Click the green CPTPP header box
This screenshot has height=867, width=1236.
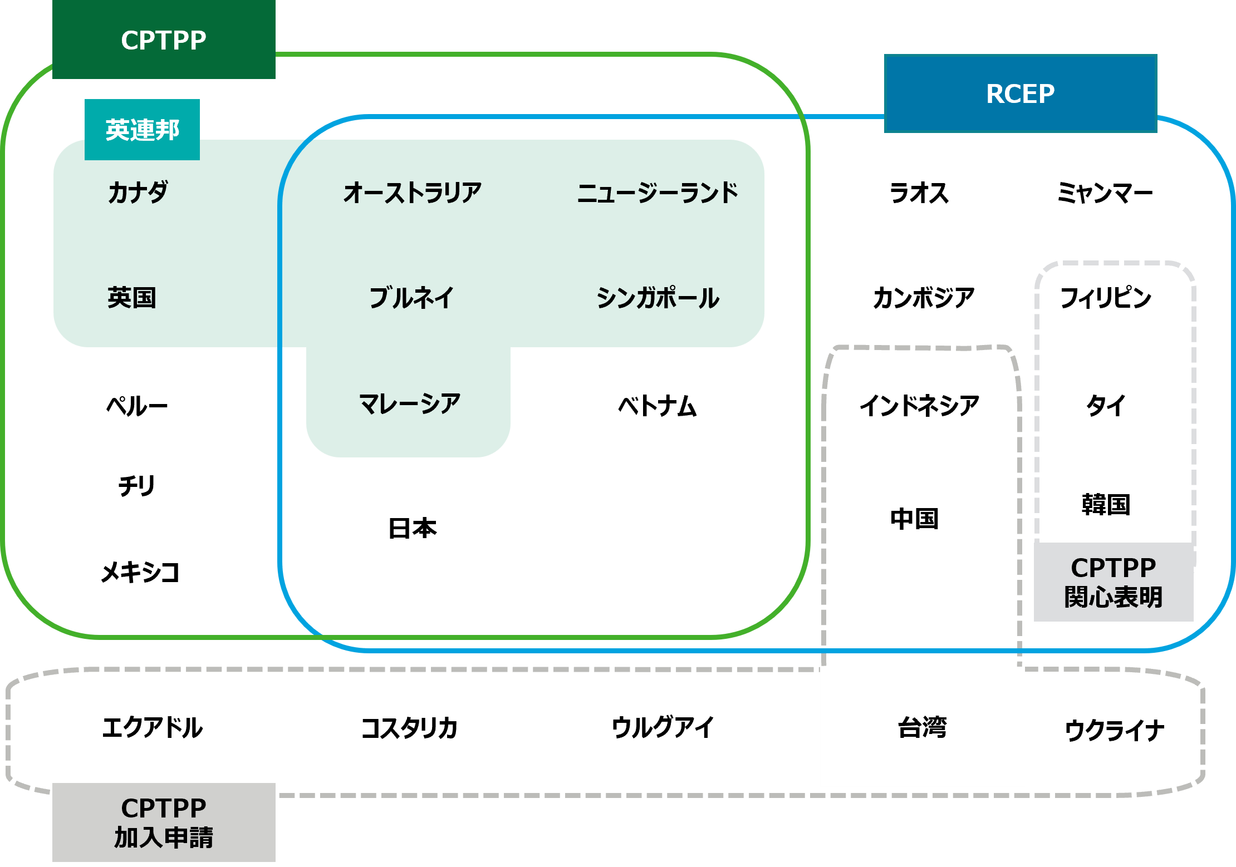pyautogui.click(x=164, y=40)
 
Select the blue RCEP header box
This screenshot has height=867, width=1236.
pyautogui.click(x=1020, y=93)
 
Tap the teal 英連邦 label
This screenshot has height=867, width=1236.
pyautogui.click(x=142, y=130)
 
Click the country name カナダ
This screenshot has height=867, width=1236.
pyautogui.click(x=138, y=193)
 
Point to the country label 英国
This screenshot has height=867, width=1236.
pyautogui.click(x=131, y=297)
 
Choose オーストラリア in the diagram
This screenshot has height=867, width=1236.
pyautogui.click(x=412, y=193)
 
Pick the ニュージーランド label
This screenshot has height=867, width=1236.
pyautogui.click(x=658, y=193)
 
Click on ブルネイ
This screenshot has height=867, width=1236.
pyautogui.click(x=411, y=297)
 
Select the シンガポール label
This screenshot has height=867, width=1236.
pyautogui.click(x=658, y=297)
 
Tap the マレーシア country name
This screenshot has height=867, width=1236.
pyautogui.click(x=410, y=403)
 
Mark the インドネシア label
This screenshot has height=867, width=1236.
pyautogui.click(x=919, y=405)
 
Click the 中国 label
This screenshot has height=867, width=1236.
pyautogui.click(x=914, y=519)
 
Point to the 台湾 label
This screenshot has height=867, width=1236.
pyautogui.click(x=922, y=727)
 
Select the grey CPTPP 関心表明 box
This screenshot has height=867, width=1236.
pyautogui.click(x=1114, y=582)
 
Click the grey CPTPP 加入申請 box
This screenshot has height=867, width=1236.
pyautogui.click(x=164, y=822)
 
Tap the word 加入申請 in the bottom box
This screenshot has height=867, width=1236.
pyautogui.click(x=164, y=838)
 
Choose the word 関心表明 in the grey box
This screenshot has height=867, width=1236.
pyautogui.click(x=1114, y=597)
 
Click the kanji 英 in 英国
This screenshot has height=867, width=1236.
pyautogui.click(x=119, y=297)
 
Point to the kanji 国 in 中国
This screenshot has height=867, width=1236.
pyautogui.click(x=926, y=519)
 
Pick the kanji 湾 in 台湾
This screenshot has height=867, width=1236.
pyautogui.click(x=935, y=727)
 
